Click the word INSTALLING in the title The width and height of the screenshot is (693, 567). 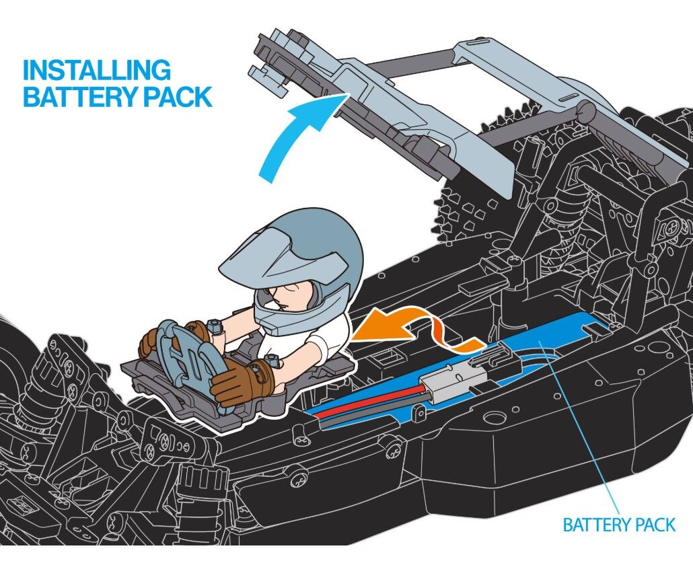[x=96, y=70]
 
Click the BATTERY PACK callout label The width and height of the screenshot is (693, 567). [x=619, y=525]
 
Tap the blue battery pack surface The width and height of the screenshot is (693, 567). [x=552, y=340]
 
